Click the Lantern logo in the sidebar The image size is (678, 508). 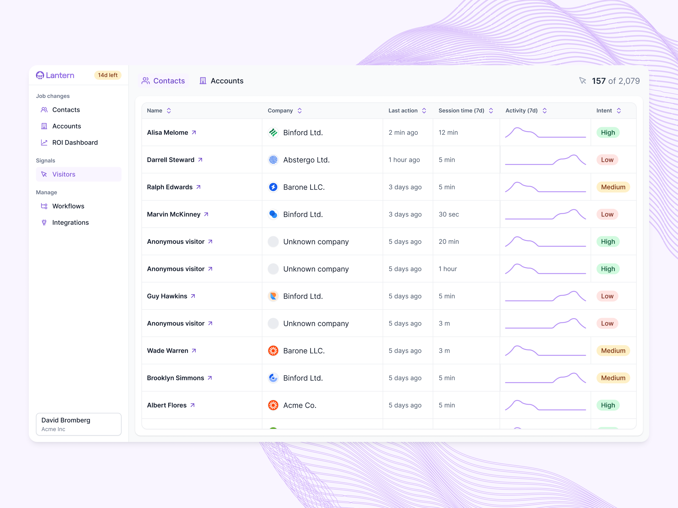55,75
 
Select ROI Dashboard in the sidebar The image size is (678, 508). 75,142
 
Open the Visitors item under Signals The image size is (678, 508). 64,174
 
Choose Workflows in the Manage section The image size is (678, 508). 68,206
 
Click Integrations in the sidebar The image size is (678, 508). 71,223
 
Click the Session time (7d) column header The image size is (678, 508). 461,110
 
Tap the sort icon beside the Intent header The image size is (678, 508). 619,110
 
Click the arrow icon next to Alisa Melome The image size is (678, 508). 194,133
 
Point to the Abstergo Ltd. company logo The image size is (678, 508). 273,160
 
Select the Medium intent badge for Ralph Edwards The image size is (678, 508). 613,187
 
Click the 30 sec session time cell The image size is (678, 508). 449,214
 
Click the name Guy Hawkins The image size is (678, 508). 167,296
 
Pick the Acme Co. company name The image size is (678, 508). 299,405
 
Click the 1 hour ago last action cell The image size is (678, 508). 404,160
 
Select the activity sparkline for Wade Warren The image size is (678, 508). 545,351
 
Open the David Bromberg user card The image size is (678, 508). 78,424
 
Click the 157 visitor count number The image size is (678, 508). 598,81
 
